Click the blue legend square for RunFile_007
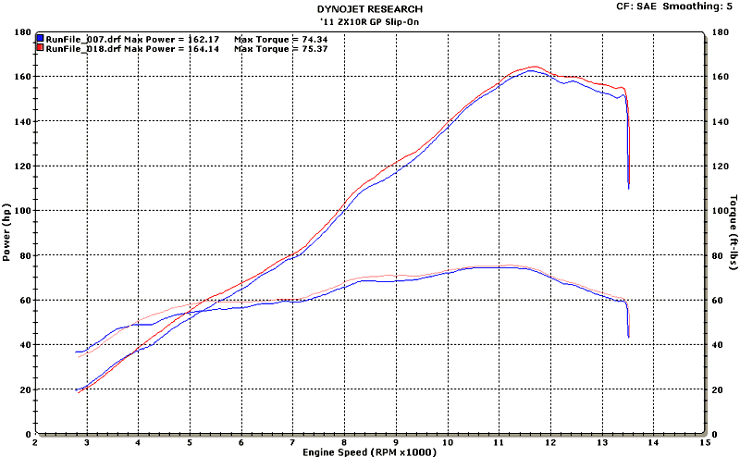(40, 39)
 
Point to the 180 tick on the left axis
(21, 31)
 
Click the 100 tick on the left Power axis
(21, 211)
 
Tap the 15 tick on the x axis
(705, 442)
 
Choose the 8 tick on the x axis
(344, 442)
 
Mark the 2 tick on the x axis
(35, 442)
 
